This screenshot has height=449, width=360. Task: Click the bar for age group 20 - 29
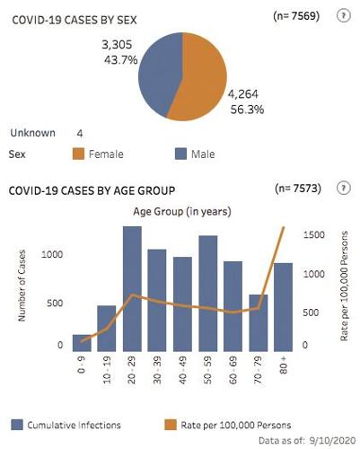tap(132, 287)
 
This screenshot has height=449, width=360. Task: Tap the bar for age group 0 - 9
tap(82, 342)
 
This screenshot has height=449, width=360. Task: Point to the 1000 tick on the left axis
tap(55, 255)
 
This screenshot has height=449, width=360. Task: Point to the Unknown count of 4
tap(80, 133)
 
